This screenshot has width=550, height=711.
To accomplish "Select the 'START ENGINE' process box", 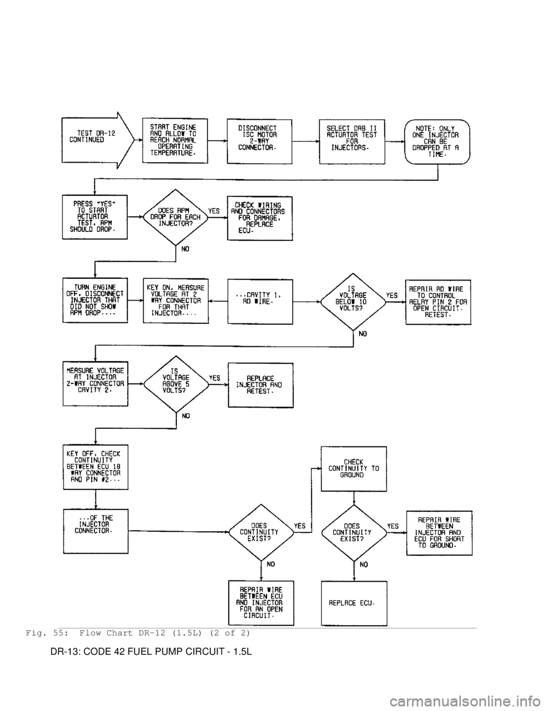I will (x=175, y=140).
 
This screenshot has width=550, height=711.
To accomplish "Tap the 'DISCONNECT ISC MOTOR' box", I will (x=260, y=140).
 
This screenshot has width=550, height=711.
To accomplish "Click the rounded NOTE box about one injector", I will (x=438, y=140).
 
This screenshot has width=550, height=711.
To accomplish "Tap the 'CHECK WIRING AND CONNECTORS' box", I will (x=260, y=218).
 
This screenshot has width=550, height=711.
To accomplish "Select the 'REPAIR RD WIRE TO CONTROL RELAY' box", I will (x=438, y=301).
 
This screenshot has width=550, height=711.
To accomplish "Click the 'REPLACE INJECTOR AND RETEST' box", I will (x=260, y=385).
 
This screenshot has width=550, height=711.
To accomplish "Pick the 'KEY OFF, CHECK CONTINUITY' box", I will (x=95, y=467).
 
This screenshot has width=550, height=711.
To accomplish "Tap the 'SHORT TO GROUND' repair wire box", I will (x=438, y=532).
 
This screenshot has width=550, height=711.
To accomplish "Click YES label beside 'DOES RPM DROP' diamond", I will (x=214, y=211).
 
